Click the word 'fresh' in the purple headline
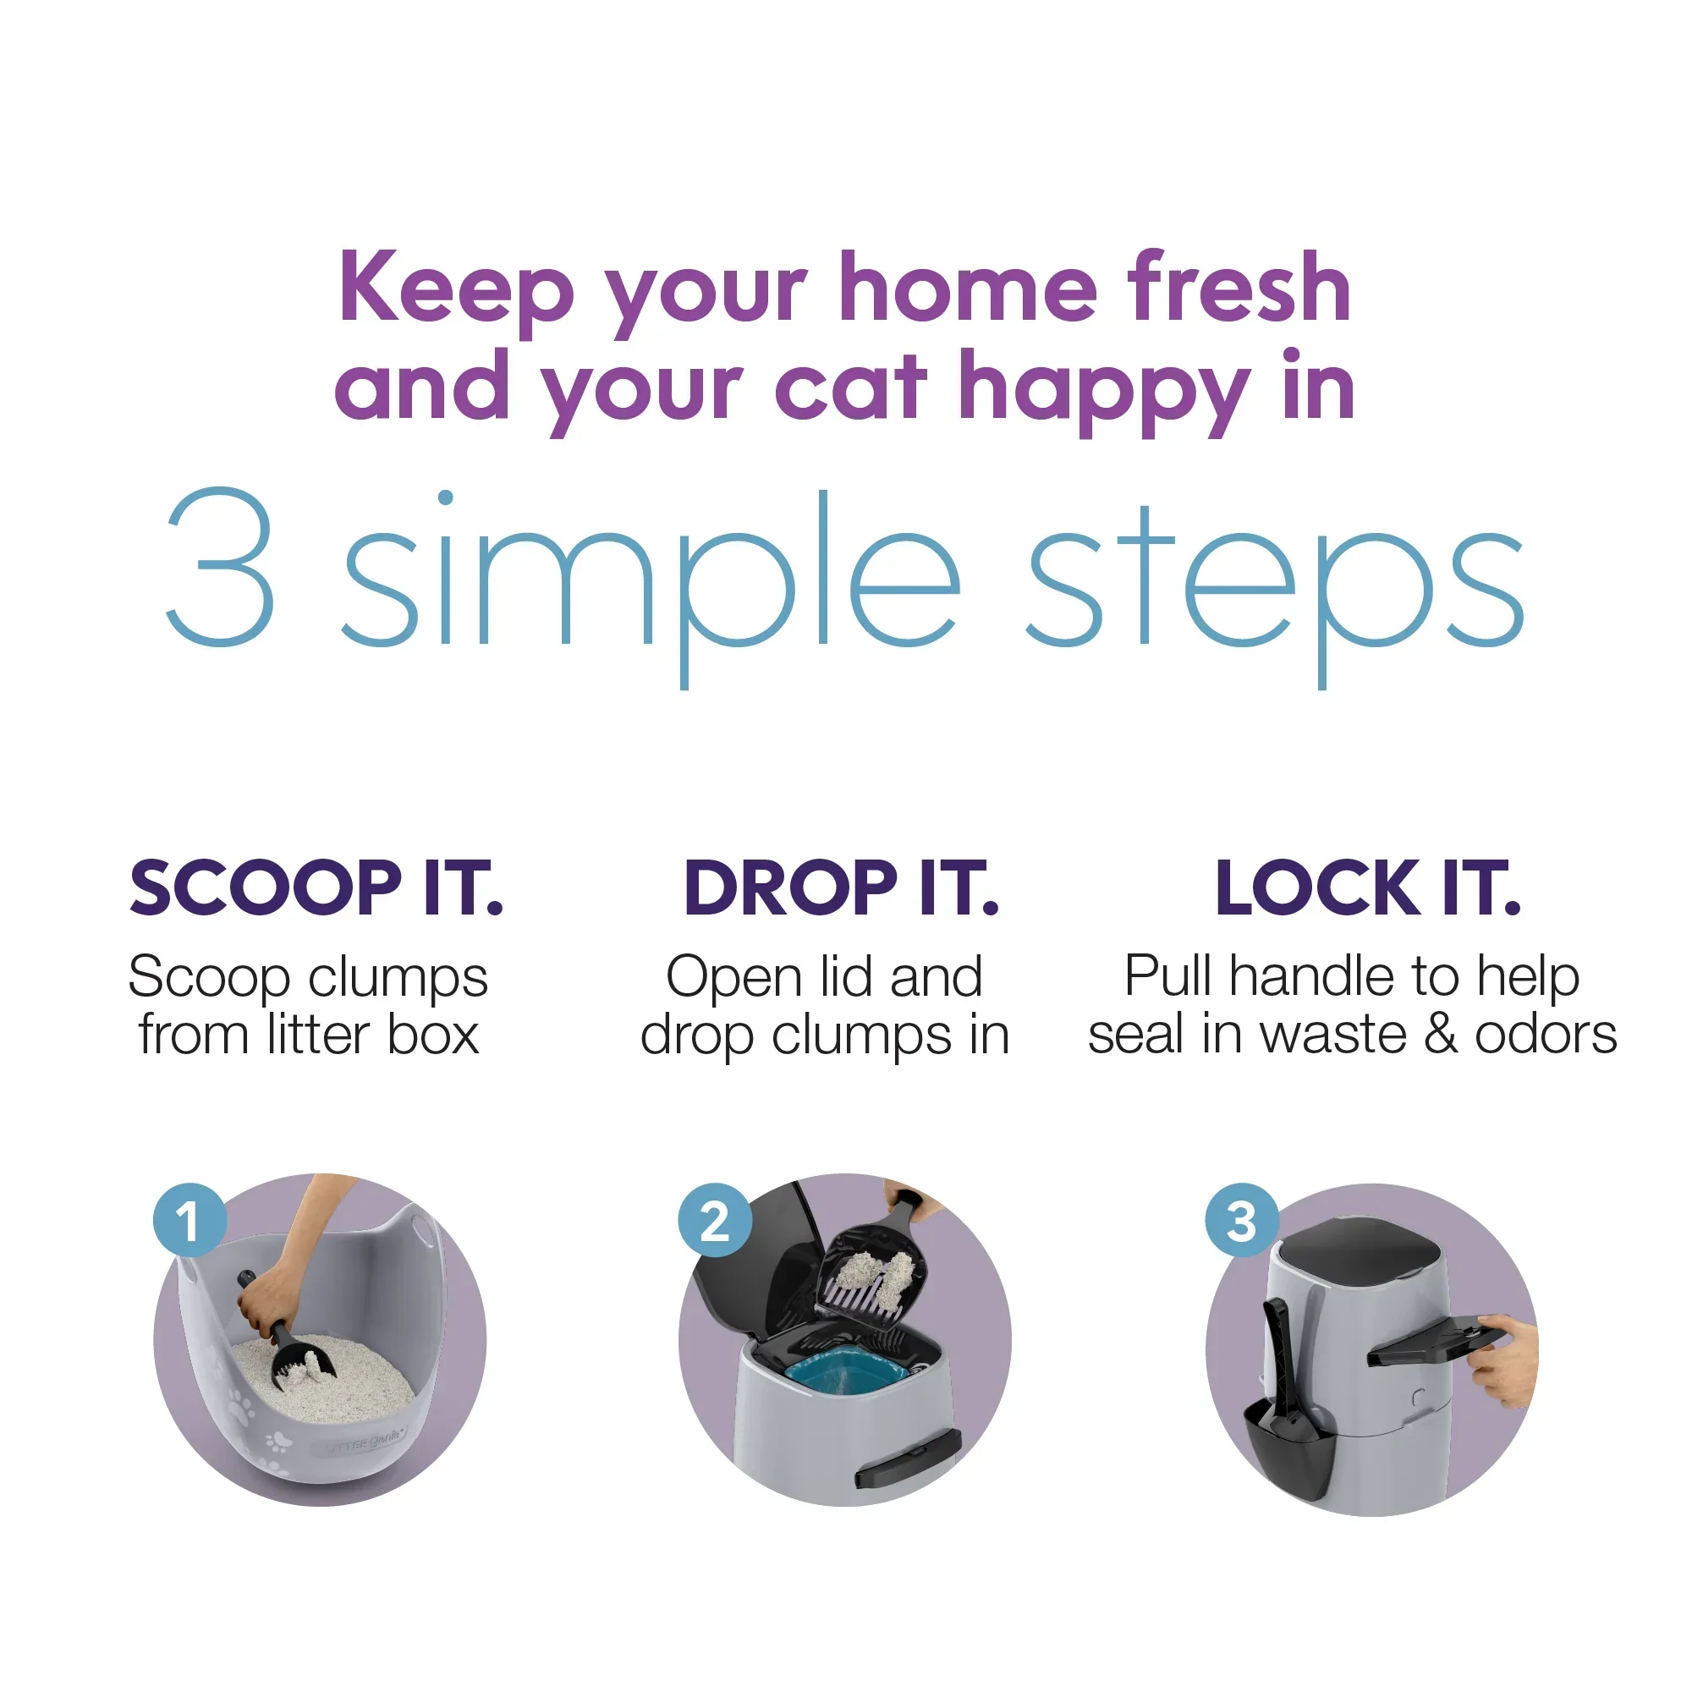click(1239, 287)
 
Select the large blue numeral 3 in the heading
click(221, 567)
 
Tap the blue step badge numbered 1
click(190, 1221)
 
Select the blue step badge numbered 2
click(716, 1221)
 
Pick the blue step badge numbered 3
click(1242, 1221)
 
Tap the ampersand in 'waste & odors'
click(1441, 1035)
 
